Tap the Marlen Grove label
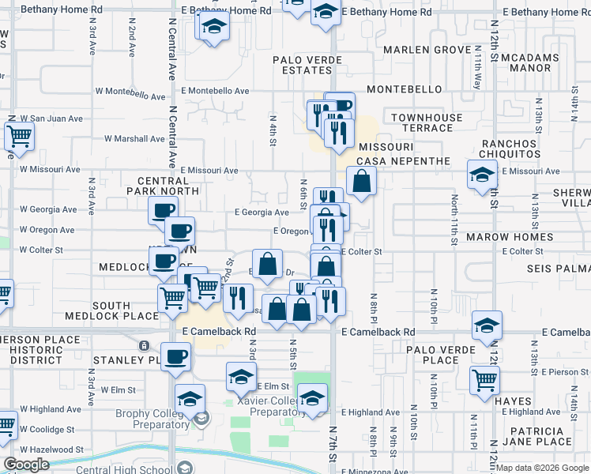427,50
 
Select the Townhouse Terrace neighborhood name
427,122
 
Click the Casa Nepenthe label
403,161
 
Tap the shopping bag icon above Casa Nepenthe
361,181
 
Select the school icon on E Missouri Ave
482,176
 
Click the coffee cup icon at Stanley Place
175,357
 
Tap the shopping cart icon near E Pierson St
484,381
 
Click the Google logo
27,465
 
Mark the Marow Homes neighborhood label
510,237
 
